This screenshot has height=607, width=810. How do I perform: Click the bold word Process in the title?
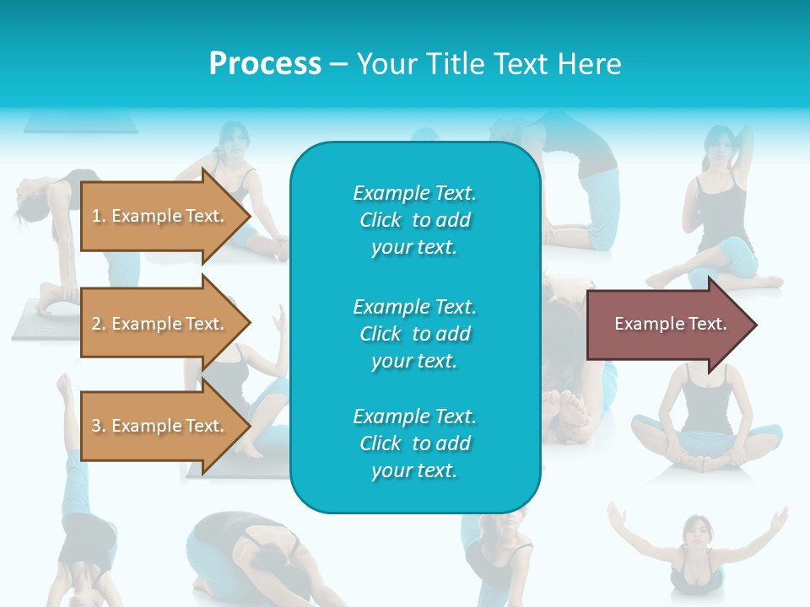(265, 64)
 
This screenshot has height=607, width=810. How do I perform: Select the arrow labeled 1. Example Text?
(160, 216)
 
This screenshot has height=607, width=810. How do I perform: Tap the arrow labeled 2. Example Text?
(160, 324)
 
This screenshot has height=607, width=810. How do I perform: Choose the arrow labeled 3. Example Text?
(160, 426)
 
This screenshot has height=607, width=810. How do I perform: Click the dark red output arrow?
(667, 325)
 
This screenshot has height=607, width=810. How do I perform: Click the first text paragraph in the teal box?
(414, 220)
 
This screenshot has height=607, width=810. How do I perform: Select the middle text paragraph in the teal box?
(414, 334)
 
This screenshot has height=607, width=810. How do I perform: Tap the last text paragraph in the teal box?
(414, 443)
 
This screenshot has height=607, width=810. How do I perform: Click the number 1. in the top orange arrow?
(99, 216)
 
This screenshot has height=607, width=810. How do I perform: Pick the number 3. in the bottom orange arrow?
(99, 426)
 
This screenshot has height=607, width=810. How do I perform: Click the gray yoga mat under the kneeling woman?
(38, 320)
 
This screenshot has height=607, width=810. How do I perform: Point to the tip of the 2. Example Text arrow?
(249, 324)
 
